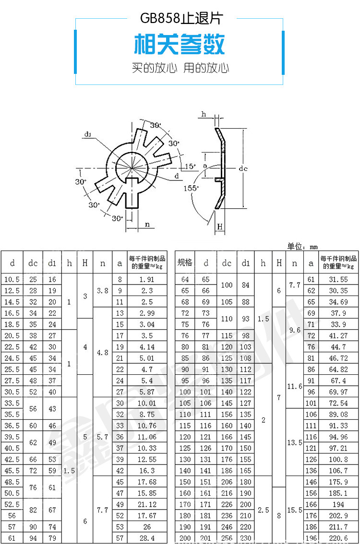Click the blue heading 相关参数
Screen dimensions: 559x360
pos(179,45)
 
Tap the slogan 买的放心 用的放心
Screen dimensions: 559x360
pos(180,68)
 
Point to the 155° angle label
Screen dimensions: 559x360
pos(191,189)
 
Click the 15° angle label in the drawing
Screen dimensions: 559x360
pos(191,166)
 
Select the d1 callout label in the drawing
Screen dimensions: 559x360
pos(88,134)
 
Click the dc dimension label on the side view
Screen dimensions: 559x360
pos(243,168)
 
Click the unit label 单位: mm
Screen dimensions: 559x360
pos(302,247)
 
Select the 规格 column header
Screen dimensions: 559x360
pos(185,262)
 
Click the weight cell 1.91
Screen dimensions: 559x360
pos(147,279)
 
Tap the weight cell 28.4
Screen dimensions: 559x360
pos(147,538)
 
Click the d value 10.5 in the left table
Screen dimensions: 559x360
pos(12,279)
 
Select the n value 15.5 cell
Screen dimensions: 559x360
pos(295,510)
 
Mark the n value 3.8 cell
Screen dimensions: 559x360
pos(102,290)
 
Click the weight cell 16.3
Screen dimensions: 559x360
pos(147,471)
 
